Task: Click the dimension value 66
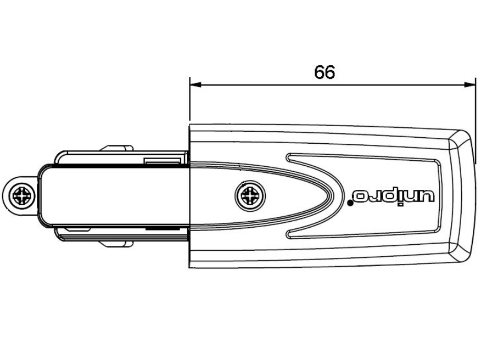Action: point(325,72)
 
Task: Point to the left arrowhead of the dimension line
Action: point(194,85)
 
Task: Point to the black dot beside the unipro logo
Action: point(350,203)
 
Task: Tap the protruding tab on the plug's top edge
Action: point(116,148)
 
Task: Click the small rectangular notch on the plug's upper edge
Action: point(163,161)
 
